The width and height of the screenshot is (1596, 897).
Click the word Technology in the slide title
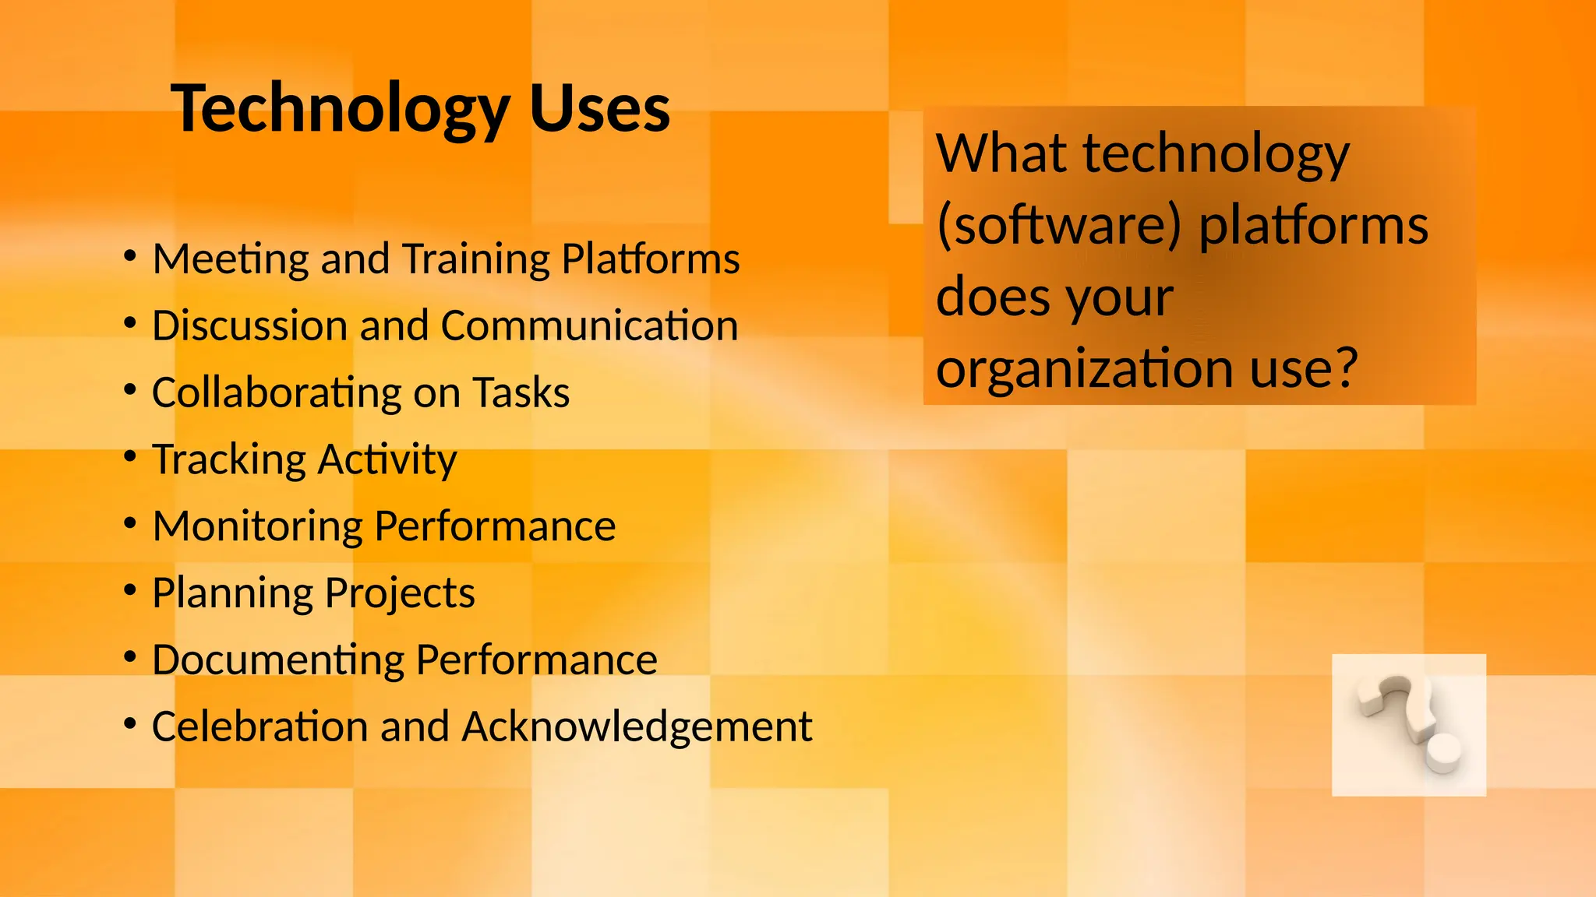click(x=341, y=109)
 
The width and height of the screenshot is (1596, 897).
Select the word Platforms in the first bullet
click(x=650, y=259)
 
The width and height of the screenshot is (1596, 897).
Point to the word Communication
click(x=588, y=325)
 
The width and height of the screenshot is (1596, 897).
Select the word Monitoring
click(x=257, y=526)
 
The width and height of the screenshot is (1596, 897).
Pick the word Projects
click(x=399, y=593)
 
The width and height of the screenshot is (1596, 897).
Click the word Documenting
click(x=277, y=660)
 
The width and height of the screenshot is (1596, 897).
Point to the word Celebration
click(x=260, y=726)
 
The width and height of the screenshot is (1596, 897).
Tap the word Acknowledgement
click(x=637, y=728)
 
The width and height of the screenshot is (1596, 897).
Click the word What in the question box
click(x=1001, y=153)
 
